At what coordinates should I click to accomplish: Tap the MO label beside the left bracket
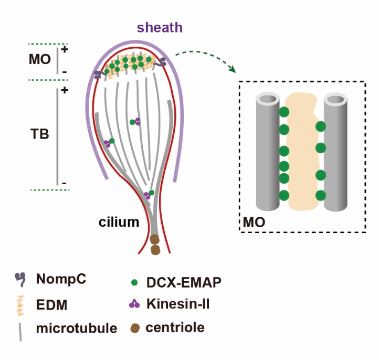click(x=39, y=59)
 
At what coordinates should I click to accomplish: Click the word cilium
click(x=119, y=222)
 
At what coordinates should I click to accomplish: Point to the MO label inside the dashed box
click(x=254, y=223)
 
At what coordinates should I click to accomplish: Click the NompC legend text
click(x=61, y=279)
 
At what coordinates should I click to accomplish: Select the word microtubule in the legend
click(x=77, y=329)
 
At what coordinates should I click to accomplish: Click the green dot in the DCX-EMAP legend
click(x=135, y=282)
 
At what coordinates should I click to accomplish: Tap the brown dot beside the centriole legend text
click(x=134, y=329)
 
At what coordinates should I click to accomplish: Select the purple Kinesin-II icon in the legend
click(x=134, y=304)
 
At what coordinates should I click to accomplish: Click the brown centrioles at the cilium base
click(x=155, y=245)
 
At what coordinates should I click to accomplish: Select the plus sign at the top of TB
click(x=65, y=90)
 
